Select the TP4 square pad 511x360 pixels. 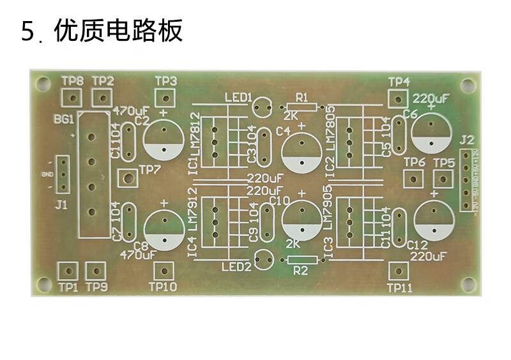(x=397, y=99)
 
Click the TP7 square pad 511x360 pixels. (x=128, y=177)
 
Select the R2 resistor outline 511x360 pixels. (x=302, y=260)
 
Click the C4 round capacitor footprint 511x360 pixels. (x=300, y=153)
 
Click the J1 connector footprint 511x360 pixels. (x=62, y=174)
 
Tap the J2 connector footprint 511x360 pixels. (x=466, y=179)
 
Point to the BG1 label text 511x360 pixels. (x=64, y=119)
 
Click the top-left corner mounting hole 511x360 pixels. (x=43, y=82)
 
